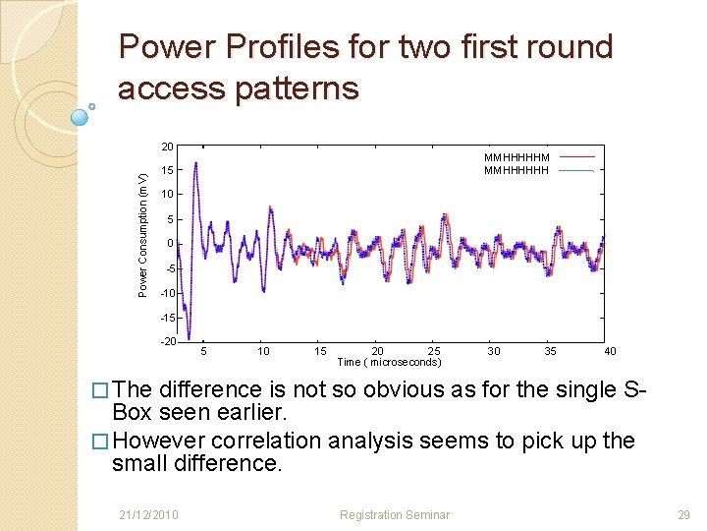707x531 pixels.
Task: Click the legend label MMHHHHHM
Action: tap(517, 156)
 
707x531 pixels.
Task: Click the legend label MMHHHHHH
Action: tap(517, 170)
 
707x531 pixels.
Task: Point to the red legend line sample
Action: tap(577, 156)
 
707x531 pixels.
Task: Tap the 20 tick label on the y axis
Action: tap(168, 147)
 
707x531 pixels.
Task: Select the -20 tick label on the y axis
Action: tap(167, 341)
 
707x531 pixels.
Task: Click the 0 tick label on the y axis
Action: tap(170, 244)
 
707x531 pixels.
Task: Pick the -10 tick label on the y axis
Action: tap(167, 293)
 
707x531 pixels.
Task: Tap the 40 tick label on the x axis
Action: tap(610, 351)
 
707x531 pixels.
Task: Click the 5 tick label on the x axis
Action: tap(203, 351)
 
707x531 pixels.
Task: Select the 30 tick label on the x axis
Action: tap(494, 351)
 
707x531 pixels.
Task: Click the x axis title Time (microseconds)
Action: tap(390, 362)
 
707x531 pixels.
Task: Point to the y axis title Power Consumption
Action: tap(143, 234)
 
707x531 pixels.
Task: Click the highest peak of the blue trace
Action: tap(195, 163)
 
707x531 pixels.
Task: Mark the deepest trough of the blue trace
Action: tap(189, 337)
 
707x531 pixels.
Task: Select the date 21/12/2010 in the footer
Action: tap(149, 514)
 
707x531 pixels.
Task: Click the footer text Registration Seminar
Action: tap(394, 514)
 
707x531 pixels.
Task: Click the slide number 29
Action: tap(683, 514)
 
